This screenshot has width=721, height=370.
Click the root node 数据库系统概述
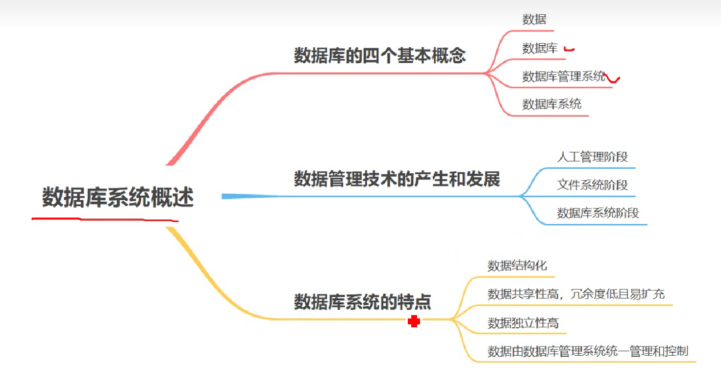click(x=118, y=197)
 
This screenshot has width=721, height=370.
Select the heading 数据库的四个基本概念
click(x=379, y=55)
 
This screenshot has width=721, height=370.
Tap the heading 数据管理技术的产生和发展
click(x=397, y=179)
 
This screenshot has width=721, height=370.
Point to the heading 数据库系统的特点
click(x=362, y=301)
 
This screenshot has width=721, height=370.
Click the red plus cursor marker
click(x=414, y=321)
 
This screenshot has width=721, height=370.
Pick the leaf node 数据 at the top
click(x=534, y=20)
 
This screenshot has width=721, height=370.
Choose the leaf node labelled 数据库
click(x=540, y=48)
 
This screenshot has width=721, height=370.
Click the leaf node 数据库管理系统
click(x=564, y=76)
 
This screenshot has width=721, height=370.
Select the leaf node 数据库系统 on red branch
click(x=551, y=104)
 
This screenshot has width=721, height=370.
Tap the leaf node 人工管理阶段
click(x=592, y=157)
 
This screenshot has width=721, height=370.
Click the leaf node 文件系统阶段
click(x=592, y=185)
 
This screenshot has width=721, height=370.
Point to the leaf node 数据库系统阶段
click(x=598, y=213)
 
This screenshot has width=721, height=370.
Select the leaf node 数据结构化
click(x=517, y=266)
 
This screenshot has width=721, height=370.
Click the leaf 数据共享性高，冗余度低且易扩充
click(x=576, y=294)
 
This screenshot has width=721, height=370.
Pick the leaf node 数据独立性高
click(x=523, y=323)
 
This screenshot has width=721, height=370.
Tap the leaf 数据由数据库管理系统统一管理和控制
click(x=588, y=351)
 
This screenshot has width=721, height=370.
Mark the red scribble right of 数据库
click(x=569, y=49)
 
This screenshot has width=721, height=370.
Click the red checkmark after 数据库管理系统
click(x=613, y=78)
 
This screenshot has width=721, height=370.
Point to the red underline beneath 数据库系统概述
click(x=105, y=219)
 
